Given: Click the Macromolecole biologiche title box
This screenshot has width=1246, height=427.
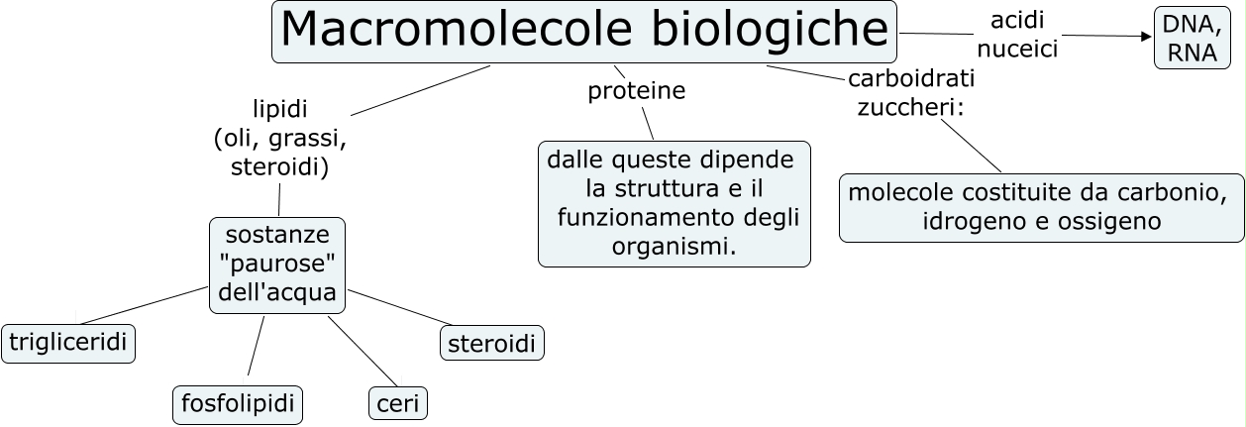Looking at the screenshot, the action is pos(584,32).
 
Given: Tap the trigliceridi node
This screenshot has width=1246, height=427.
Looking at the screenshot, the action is pos(69,343).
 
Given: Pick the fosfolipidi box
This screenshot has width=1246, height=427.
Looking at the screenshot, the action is pos(238,404).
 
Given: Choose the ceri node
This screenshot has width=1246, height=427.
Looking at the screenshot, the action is pos(398,404).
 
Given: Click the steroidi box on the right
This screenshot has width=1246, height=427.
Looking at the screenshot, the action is pos(491,344).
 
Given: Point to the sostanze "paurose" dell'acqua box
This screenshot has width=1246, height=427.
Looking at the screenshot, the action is pos(277,265).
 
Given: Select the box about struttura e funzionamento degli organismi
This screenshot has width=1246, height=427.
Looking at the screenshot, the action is pos(674,203).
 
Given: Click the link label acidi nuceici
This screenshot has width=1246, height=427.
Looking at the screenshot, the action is pos(1017,35).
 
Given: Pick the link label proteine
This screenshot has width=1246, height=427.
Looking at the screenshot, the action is pos(637,91).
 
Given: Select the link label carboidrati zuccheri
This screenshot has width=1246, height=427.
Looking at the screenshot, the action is pos(910,92).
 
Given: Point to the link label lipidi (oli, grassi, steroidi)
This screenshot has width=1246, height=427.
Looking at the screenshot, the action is pos(280,138).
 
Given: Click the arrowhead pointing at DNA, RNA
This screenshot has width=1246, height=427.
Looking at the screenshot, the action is pos(1147,38).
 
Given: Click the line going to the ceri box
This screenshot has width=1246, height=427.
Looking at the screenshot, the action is pos(363,353).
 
